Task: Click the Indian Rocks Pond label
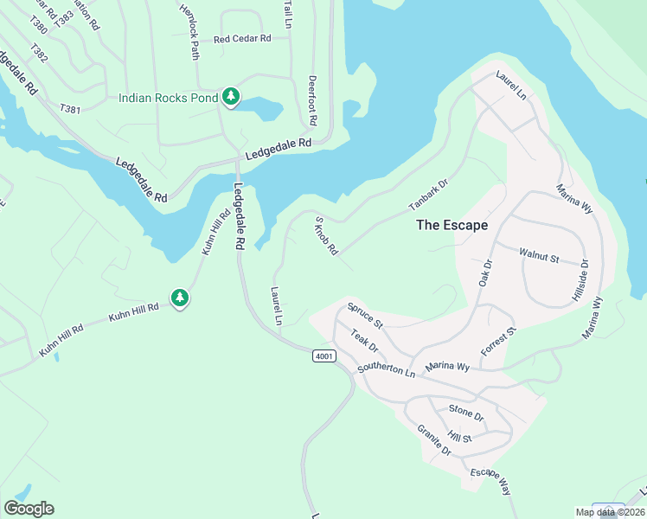(168, 97)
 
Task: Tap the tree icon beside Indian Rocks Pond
(231, 97)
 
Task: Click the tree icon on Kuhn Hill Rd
(180, 298)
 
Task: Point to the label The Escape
(452, 225)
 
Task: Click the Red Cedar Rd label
(242, 39)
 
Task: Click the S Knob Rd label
(326, 236)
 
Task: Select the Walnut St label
(539, 257)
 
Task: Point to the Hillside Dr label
(580, 281)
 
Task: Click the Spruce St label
(364, 315)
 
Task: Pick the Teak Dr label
(364, 340)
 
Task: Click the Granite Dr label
(434, 440)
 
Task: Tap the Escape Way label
(490, 482)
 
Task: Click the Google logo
(29, 509)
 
